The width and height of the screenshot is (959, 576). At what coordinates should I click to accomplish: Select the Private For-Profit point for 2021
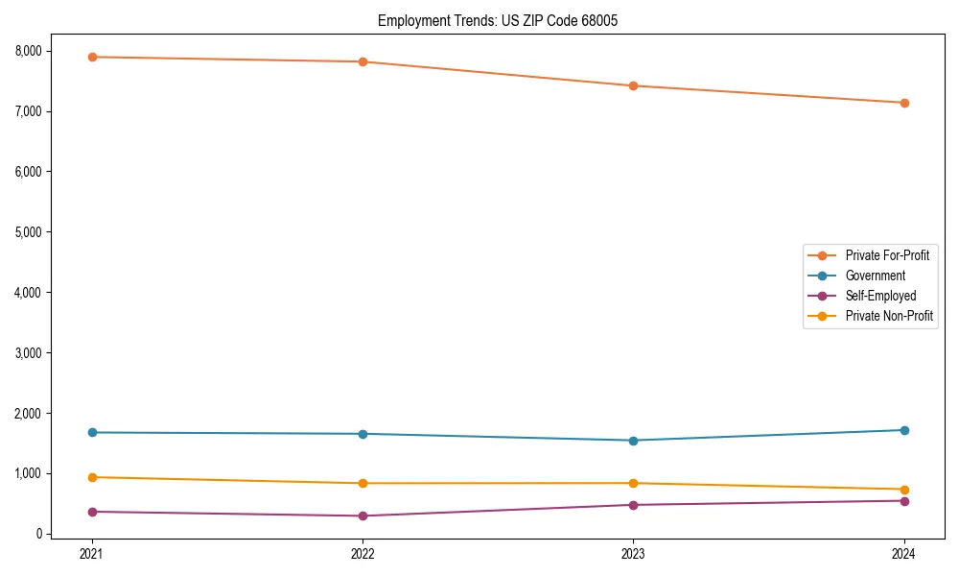pos(92,57)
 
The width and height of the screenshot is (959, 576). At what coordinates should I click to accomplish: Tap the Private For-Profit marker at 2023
pos(633,85)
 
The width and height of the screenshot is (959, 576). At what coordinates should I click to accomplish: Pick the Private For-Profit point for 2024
pos(904,103)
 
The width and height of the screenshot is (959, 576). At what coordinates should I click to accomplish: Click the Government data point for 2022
pos(363,434)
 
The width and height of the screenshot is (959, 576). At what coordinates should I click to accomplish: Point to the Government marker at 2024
pos(904,430)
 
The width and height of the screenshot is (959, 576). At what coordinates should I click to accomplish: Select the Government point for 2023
pos(633,441)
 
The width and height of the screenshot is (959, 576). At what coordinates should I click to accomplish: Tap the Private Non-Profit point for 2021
pos(92,477)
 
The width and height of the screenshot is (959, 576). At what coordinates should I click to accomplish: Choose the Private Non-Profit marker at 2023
pos(633,483)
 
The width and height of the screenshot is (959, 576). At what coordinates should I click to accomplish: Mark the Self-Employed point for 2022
pos(363,516)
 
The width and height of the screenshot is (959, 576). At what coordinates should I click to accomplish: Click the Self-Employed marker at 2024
pos(904,500)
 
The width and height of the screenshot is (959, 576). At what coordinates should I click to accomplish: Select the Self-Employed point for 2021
pos(92,512)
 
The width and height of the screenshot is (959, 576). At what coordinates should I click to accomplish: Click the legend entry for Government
pos(875,276)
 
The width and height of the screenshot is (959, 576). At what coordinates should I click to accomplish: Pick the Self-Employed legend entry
pos(880,296)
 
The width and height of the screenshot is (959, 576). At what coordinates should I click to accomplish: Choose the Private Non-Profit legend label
pos(889,316)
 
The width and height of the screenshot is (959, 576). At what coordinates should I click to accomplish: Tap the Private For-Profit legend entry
pos(887,255)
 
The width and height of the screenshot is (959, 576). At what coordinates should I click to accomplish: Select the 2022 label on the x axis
pos(363,553)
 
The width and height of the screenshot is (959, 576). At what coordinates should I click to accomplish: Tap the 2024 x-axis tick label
pos(904,553)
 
